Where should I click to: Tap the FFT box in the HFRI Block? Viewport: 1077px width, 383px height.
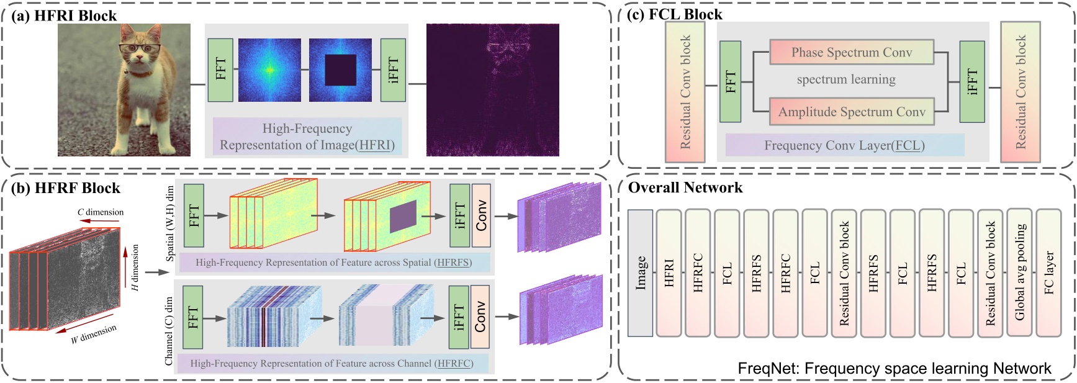tap(220, 70)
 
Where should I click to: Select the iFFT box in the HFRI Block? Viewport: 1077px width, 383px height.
tap(392, 70)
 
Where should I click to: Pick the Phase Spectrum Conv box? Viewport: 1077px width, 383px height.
tap(851, 53)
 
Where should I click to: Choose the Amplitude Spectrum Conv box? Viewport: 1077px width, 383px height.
tap(851, 112)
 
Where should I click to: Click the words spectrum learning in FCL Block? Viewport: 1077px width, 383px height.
tap(846, 79)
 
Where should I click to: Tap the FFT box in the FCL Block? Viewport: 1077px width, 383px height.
tap(730, 81)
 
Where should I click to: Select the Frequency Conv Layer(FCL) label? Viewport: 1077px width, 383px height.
tap(844, 145)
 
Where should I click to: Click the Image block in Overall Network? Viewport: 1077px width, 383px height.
tap(640, 273)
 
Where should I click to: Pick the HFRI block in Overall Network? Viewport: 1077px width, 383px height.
tap(669, 273)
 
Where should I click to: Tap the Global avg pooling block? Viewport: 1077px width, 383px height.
tap(1019, 273)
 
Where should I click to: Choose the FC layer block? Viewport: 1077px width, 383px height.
tap(1048, 273)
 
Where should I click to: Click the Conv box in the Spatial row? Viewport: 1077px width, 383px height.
tap(481, 215)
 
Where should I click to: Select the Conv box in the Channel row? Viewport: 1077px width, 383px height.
tap(480, 317)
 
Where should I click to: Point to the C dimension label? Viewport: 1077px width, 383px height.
tap(101, 212)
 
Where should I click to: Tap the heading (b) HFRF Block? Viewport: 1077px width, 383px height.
tap(65, 188)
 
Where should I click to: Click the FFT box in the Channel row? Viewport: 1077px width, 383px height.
tap(193, 317)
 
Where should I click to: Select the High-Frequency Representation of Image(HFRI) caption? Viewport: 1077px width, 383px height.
tap(307, 137)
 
